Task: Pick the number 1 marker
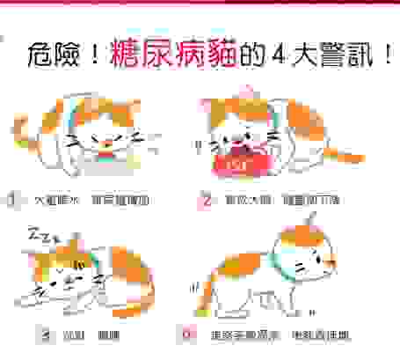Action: point(11,200)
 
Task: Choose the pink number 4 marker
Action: point(185,334)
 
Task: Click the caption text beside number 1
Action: point(91,201)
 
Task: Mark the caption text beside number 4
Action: point(269,334)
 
